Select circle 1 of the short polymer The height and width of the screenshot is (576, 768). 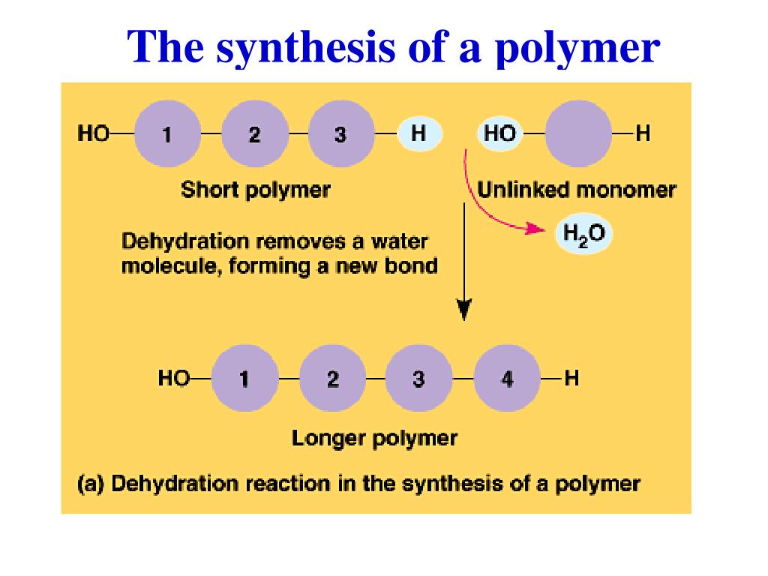point(167,135)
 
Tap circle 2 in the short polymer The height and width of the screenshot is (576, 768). point(255,135)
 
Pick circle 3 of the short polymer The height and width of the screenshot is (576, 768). point(341,135)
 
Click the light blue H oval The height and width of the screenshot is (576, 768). point(419,134)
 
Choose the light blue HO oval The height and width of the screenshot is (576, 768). point(499,134)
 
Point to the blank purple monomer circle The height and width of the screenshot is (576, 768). point(578,135)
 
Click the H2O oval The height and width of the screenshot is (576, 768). point(583,233)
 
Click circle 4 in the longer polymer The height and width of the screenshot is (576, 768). point(508,379)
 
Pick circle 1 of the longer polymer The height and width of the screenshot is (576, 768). point(244,379)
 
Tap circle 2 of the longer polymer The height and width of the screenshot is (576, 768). point(332,379)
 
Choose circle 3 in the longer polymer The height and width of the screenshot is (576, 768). point(418,379)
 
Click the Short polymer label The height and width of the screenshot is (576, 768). point(255,190)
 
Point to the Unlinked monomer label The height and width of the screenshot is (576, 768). point(577,190)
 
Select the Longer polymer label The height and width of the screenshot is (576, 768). point(374,437)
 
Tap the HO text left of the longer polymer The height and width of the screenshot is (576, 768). point(173,378)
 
